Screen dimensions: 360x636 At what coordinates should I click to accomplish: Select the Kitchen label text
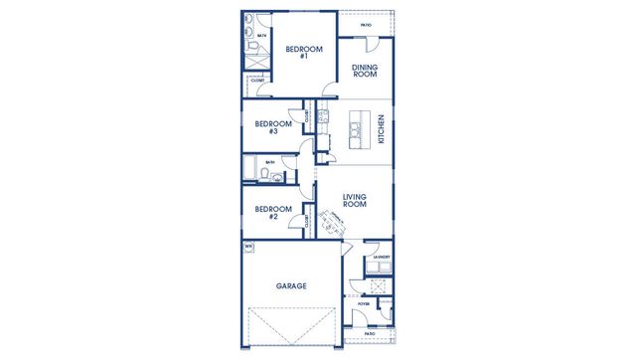(x=382, y=130)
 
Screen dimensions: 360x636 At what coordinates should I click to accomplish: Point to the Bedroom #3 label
(x=272, y=128)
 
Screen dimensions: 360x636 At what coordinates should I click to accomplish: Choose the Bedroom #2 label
(x=272, y=213)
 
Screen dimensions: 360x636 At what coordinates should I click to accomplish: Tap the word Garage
(x=291, y=285)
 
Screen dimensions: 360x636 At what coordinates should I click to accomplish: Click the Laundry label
(x=381, y=258)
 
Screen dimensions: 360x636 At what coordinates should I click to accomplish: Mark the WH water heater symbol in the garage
(x=248, y=246)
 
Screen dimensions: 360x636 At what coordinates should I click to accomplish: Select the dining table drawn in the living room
(x=332, y=223)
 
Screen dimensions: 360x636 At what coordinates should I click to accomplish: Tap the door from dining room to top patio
(x=369, y=43)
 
